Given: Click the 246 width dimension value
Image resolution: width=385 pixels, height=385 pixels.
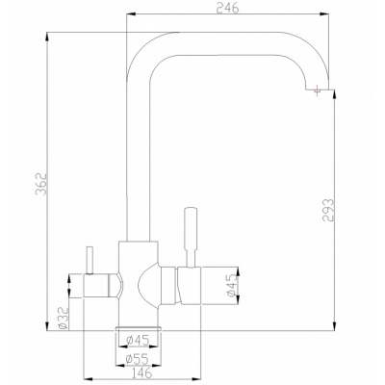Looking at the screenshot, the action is tap(227, 8).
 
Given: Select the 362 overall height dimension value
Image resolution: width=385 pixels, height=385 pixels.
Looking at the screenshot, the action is tap(41, 184).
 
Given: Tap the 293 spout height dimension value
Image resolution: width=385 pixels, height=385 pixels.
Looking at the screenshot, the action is tap(328, 211).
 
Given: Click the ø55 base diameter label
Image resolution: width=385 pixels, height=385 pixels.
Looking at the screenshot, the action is tap(137, 359).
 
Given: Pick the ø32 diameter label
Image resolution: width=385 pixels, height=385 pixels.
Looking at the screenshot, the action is tap(64, 318).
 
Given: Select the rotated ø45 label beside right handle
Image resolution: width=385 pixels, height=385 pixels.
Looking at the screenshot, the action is tap(231, 285).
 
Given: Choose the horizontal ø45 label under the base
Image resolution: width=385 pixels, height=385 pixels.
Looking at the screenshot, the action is tap(138, 340).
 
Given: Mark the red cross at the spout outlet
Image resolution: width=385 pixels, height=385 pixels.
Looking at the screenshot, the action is tap(318, 90).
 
